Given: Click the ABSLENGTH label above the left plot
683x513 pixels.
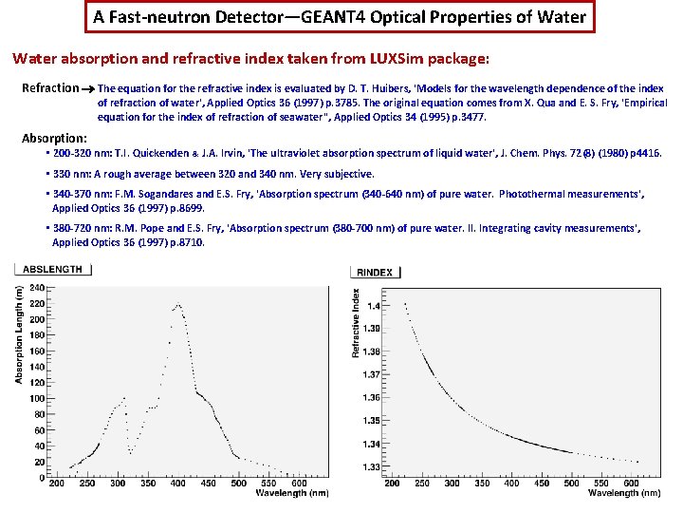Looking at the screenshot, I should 53,269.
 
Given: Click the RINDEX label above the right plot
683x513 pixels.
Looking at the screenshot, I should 375,273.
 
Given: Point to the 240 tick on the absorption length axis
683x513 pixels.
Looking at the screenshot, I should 36,287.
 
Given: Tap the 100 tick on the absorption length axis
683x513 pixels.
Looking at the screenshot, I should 36,398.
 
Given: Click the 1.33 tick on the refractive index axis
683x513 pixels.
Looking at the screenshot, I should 371,466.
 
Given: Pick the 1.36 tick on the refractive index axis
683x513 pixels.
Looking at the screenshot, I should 371,398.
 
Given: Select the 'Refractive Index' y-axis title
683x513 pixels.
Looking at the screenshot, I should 356,324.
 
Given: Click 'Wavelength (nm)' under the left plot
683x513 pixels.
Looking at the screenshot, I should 291,493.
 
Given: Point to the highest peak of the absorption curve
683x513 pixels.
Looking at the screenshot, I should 177,305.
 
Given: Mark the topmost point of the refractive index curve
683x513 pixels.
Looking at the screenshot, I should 406,303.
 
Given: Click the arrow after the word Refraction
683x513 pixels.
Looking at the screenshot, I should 87,88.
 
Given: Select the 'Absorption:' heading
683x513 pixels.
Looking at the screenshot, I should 54,138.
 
